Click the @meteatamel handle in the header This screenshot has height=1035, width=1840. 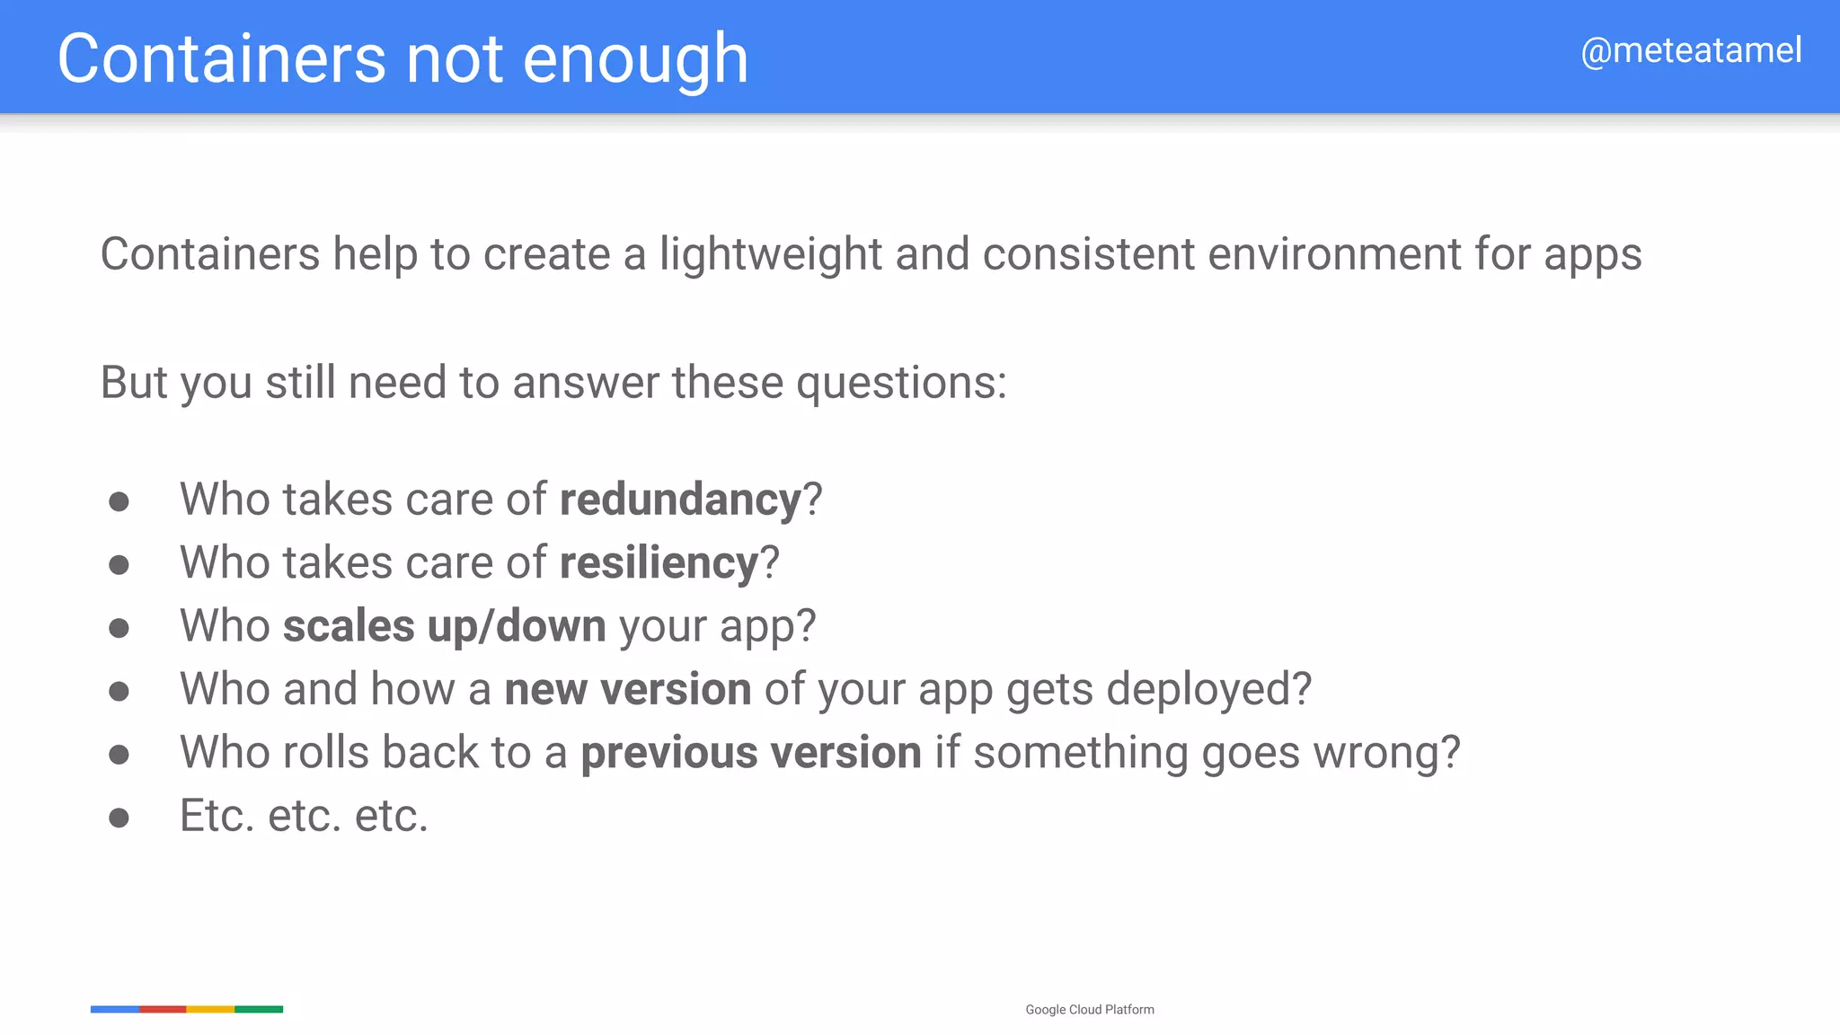pyautogui.click(x=1691, y=51)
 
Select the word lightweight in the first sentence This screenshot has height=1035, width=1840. pyautogui.click(x=771, y=254)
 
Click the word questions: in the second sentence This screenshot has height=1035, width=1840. pyautogui.click(x=901, y=384)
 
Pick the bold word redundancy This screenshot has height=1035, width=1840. pyautogui.click(x=680, y=500)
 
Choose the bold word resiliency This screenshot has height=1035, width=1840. pyautogui.click(x=659, y=563)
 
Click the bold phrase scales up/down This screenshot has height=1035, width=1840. pyautogui.click(x=445, y=626)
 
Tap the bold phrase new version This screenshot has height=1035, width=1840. pyautogui.click(x=628, y=690)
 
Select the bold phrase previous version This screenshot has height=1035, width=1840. pyautogui.click(x=751, y=753)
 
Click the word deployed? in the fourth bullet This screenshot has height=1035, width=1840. pyautogui.click(x=1208, y=690)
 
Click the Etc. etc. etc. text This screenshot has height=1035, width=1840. pyautogui.click(x=304, y=817)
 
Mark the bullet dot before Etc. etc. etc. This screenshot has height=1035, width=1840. pyautogui.click(x=119, y=818)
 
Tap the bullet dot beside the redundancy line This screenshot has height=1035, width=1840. pyautogui.click(x=119, y=501)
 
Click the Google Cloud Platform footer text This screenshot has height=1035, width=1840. pyautogui.click(x=1090, y=1010)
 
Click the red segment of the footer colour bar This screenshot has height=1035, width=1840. pyautogui.click(x=163, y=1010)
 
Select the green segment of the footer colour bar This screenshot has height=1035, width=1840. pyautogui.click(x=259, y=1010)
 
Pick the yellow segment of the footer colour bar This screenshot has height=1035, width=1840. pyautogui.click(x=210, y=1010)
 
